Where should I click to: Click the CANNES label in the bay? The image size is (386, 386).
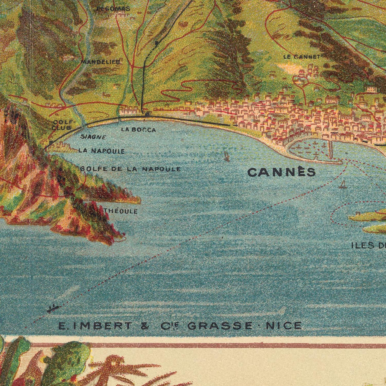[x=281, y=172]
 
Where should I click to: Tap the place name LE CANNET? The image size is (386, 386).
[x=302, y=57]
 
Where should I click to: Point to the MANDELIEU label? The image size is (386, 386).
[x=101, y=62]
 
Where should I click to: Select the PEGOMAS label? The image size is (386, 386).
[x=113, y=9]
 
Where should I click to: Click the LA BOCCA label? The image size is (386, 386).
[x=138, y=130]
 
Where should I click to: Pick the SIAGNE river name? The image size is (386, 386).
[x=93, y=137]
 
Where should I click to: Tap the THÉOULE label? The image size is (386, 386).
[x=121, y=211]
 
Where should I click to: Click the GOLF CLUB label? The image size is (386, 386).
[x=63, y=125]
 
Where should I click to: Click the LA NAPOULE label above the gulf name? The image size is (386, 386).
[x=102, y=151]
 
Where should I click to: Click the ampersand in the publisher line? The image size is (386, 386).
[x=145, y=326]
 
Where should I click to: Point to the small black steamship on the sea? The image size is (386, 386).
[x=53, y=308]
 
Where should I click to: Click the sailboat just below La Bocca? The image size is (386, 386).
[x=227, y=156]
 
